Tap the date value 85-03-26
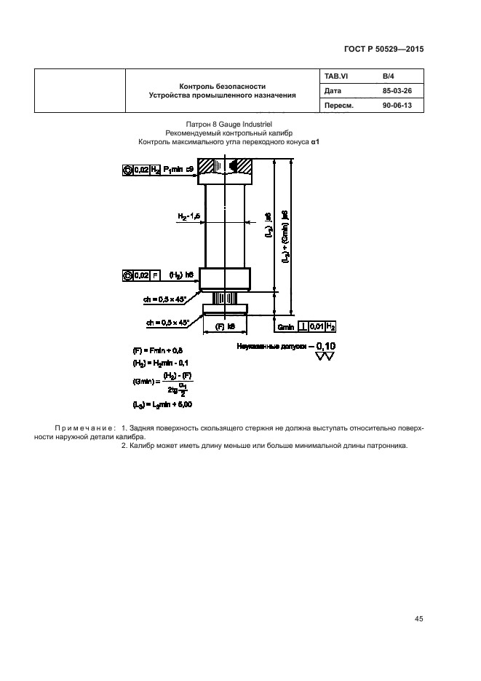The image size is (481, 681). [397, 91]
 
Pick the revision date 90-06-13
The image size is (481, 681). [397, 105]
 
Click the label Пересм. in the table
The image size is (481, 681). [337, 105]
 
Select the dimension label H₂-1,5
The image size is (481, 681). [189, 216]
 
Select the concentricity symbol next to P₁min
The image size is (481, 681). [129, 170]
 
